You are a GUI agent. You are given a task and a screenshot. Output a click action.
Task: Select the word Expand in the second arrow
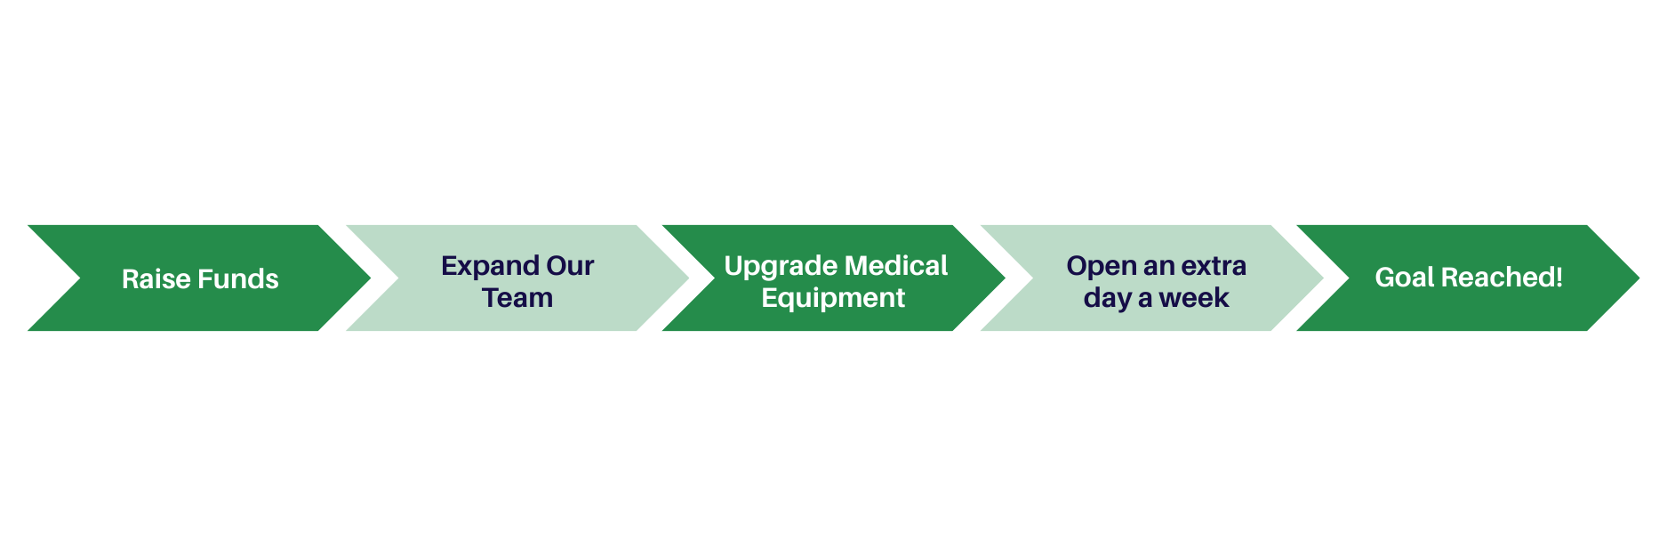490,266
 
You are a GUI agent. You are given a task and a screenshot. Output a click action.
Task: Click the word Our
570,266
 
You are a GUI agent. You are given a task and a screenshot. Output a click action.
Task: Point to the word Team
517,298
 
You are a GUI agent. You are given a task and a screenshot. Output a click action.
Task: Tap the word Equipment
833,298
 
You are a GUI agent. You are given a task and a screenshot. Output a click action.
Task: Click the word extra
1214,266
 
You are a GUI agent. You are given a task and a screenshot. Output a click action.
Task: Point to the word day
1107,298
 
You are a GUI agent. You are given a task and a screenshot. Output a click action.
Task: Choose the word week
1194,298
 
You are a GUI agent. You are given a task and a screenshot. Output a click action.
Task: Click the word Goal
1404,278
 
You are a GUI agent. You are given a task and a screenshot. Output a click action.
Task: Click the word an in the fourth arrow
1158,266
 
